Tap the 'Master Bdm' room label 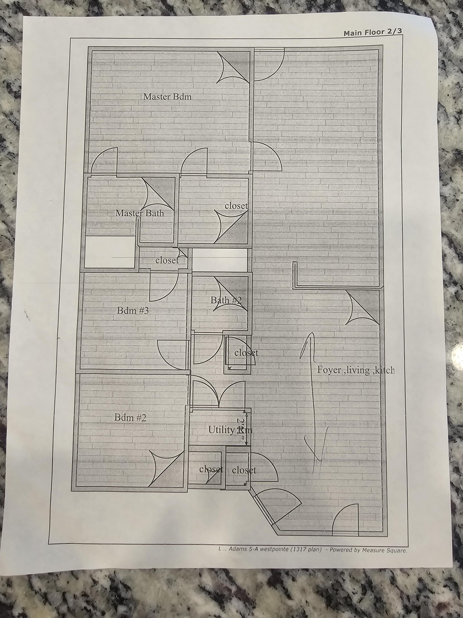[167, 97]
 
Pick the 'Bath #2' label [226, 300]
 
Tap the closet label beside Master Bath [236, 206]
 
